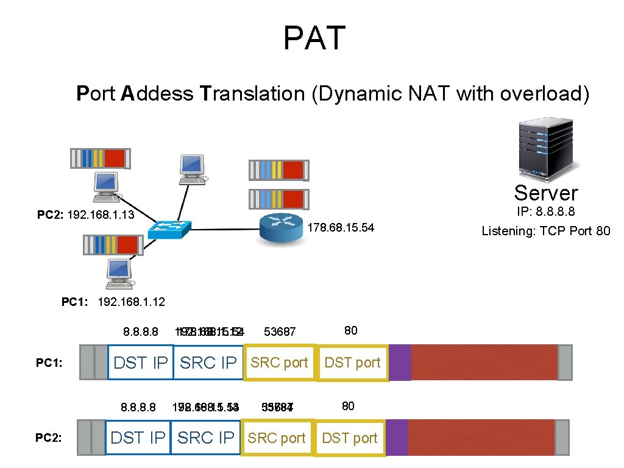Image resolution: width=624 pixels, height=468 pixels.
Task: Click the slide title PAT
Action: (314, 38)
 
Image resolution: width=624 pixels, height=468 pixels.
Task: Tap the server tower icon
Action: (546, 149)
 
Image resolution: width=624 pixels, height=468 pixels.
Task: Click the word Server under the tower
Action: (546, 193)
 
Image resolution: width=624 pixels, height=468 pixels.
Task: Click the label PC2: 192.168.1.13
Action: (85, 215)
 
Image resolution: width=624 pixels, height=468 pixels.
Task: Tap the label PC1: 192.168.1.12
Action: (113, 302)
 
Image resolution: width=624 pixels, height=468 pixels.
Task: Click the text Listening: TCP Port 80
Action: (546, 231)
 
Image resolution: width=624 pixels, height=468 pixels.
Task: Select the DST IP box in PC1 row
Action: (141, 363)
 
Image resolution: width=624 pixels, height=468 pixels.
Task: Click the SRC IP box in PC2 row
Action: (205, 438)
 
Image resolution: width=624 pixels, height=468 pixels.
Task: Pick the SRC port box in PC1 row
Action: (280, 363)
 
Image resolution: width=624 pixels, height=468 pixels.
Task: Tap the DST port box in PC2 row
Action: (350, 438)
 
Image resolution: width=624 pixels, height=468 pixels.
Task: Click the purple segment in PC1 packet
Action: (400, 362)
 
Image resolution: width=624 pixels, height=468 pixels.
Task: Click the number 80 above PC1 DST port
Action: (350, 331)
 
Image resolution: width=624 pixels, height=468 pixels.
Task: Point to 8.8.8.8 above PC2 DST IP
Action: (138, 407)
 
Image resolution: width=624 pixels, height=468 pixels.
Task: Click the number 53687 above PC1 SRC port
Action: (280, 332)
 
